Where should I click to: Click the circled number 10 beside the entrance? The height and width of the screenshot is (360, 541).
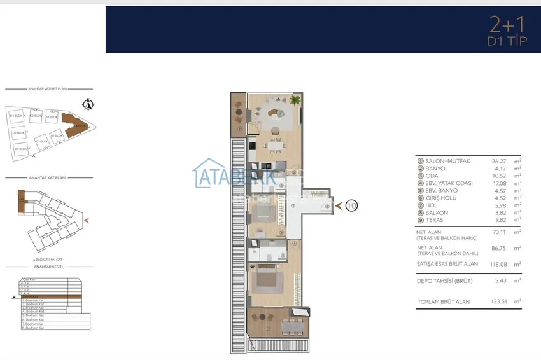353,205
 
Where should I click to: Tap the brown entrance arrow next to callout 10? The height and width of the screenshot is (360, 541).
338,205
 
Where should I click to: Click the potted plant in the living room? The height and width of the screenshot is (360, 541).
295,99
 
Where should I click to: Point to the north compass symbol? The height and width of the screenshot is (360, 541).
88,104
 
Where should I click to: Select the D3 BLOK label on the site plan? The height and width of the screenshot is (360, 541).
17,116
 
